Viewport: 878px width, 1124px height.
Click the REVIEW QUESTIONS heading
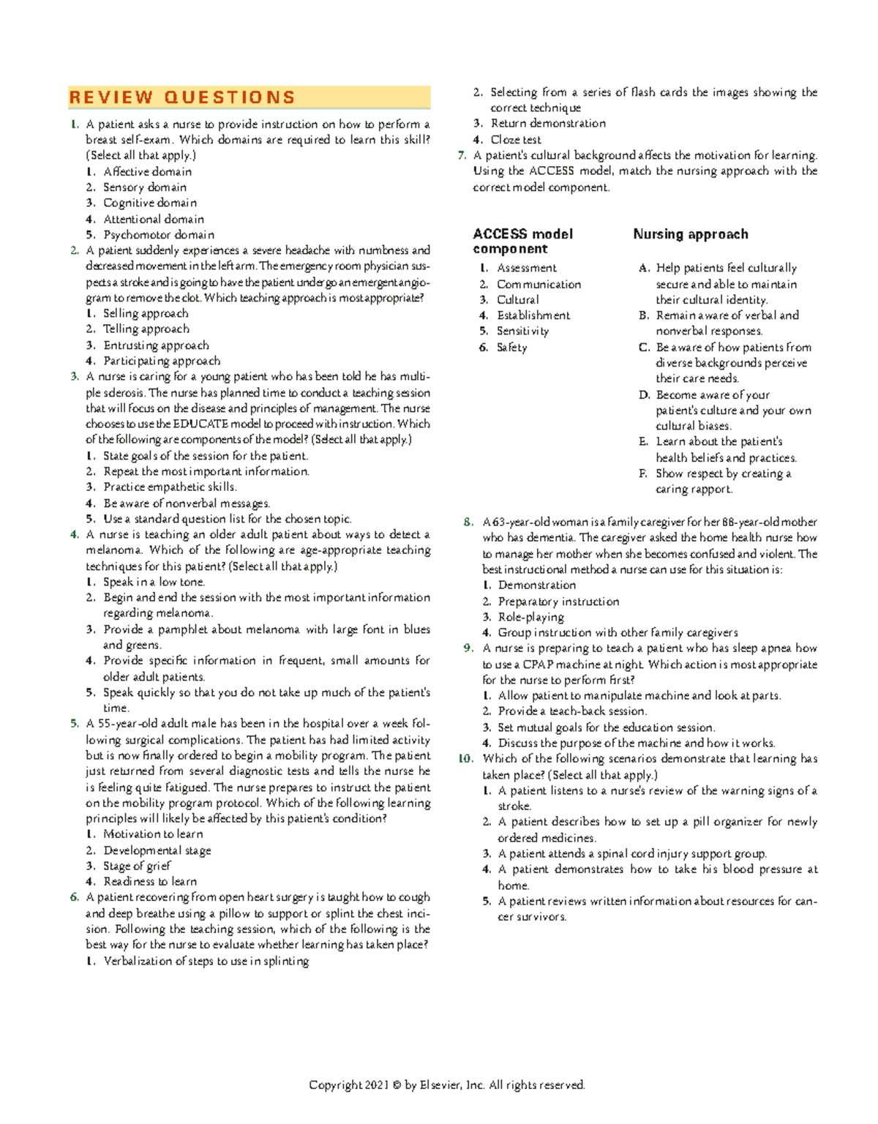pyautogui.click(x=182, y=97)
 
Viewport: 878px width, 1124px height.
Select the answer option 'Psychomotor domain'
pyautogui.click(x=158, y=235)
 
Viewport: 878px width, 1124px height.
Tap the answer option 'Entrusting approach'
pyautogui.click(x=156, y=345)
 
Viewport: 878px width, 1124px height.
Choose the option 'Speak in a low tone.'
pyautogui.click(x=154, y=582)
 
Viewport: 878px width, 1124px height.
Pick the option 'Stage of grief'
pyautogui.click(x=137, y=866)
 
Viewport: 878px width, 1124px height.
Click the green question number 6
pyautogui.click(x=75, y=897)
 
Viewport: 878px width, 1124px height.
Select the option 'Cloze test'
pyautogui.click(x=516, y=140)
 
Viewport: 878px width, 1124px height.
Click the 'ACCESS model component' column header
pyautogui.click(x=522, y=241)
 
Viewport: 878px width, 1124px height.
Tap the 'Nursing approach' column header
pyautogui.click(x=691, y=234)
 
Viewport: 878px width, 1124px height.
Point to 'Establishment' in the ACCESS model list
pyautogui.click(x=533, y=315)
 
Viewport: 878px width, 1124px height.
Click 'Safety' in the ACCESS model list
pyautogui.click(x=511, y=348)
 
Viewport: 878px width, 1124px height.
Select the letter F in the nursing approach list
pyautogui.click(x=642, y=473)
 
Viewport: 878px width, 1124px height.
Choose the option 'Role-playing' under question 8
pyautogui.click(x=530, y=617)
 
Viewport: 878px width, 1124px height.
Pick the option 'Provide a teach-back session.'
pyautogui.click(x=572, y=711)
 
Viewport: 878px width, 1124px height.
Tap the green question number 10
pyautogui.click(x=466, y=759)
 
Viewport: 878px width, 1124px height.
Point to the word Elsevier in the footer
pyautogui.click(x=440, y=1085)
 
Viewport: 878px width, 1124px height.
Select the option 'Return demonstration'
pyautogui.click(x=548, y=124)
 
